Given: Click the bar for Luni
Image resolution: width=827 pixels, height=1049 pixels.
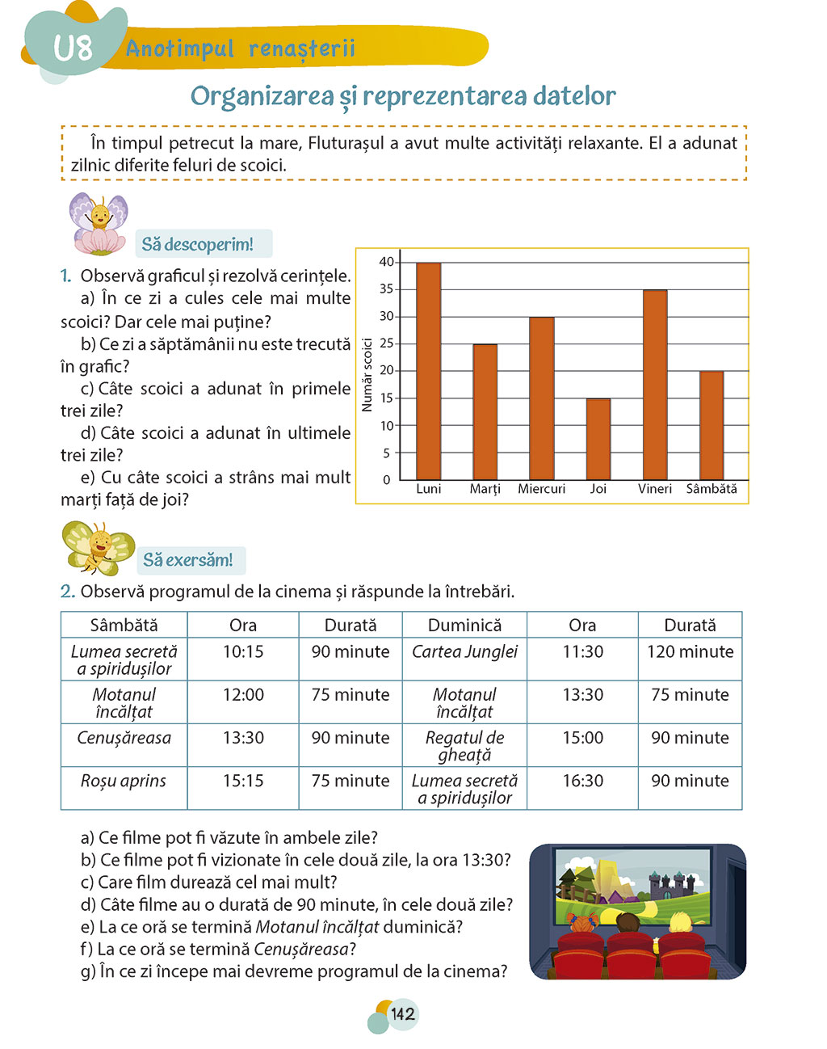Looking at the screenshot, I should click(428, 372).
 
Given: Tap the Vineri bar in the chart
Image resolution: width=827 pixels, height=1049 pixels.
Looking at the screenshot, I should click(655, 385).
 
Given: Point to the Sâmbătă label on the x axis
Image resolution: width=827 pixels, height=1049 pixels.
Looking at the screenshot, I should click(712, 489).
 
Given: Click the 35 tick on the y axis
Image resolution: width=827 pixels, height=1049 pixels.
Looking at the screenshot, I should click(387, 289).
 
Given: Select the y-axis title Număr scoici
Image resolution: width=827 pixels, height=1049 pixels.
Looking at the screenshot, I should click(367, 375).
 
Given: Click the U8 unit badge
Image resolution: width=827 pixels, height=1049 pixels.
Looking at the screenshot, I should click(73, 48).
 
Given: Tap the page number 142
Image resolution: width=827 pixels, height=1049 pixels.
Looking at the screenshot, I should click(402, 1013).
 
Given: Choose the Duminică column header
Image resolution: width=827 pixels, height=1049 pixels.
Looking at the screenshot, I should click(464, 625).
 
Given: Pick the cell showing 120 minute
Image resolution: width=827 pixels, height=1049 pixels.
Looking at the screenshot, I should click(690, 651).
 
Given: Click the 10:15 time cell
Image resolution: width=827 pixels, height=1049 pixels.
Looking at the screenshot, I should click(243, 651).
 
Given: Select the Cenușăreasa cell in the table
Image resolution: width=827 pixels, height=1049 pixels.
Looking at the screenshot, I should click(124, 738).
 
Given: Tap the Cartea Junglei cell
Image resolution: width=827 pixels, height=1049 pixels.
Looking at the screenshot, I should click(464, 651).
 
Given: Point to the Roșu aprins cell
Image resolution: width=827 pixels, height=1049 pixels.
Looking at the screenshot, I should click(124, 781).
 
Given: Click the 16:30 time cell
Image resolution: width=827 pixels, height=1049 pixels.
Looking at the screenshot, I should click(582, 781).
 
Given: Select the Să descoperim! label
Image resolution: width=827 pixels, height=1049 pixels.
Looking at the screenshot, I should click(198, 244).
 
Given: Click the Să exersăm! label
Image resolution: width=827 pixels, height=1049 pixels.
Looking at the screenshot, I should click(188, 560).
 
